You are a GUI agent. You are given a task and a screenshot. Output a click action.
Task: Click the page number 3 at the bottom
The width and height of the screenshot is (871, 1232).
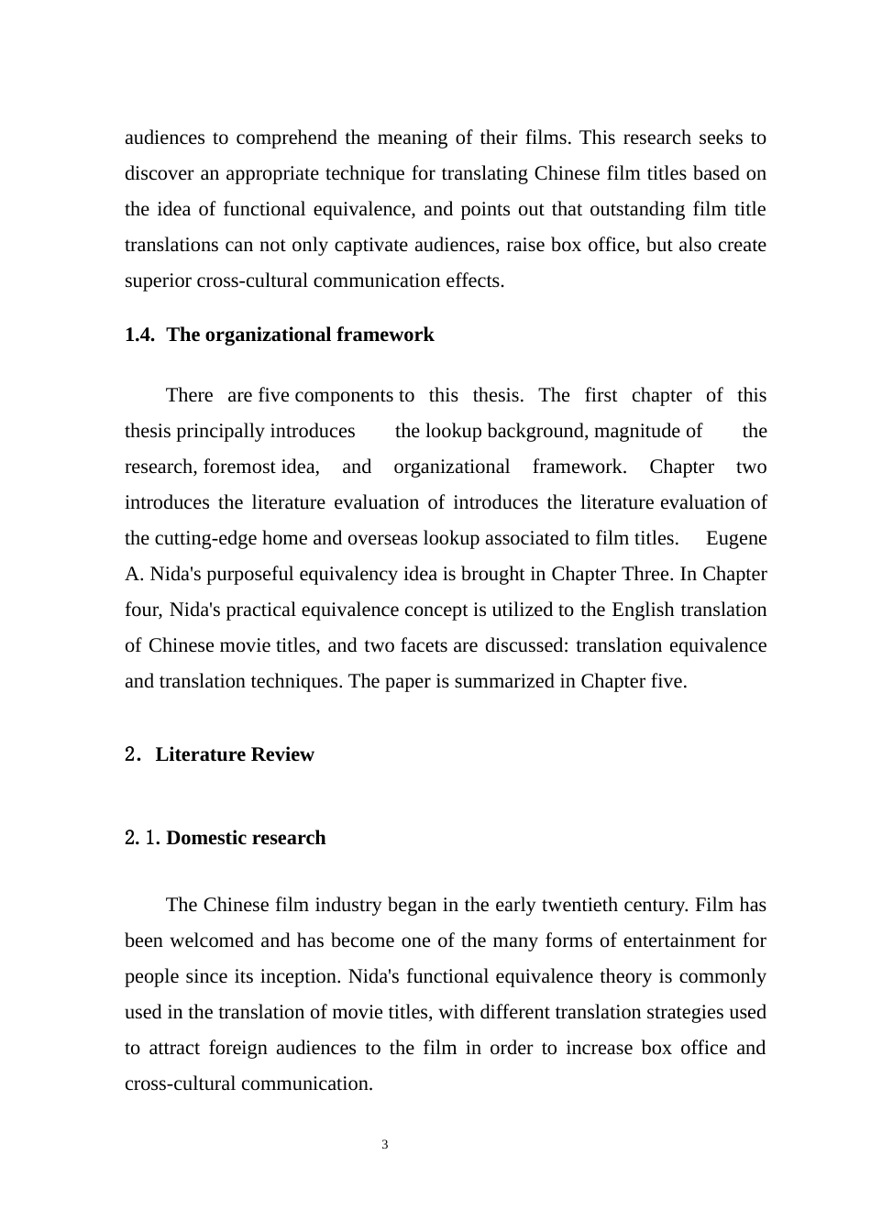pyautogui.click(x=385, y=1145)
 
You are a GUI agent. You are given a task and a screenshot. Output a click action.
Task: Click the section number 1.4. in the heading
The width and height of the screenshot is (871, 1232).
pyautogui.click(x=139, y=335)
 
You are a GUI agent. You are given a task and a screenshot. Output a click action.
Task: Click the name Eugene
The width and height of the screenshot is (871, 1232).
pyautogui.click(x=736, y=538)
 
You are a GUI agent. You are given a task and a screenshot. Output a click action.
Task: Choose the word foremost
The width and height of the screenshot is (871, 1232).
pyautogui.click(x=239, y=467)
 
